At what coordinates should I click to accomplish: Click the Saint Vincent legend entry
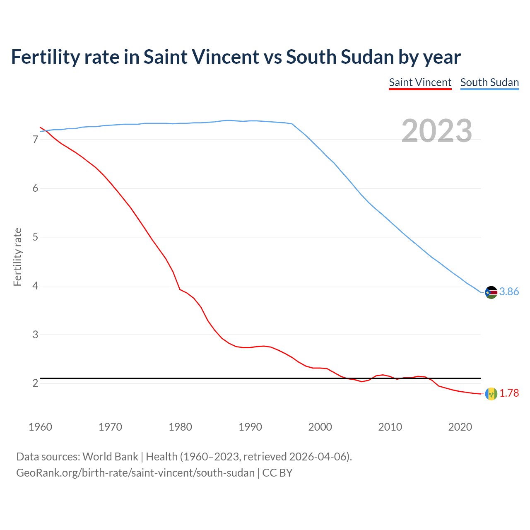(x=420, y=82)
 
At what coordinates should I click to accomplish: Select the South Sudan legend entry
(x=489, y=82)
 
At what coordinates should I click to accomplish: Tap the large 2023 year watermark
(x=436, y=131)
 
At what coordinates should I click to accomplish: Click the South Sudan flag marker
(x=491, y=292)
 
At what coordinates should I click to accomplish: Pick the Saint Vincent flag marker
(x=491, y=393)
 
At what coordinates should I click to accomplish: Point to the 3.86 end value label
(x=509, y=292)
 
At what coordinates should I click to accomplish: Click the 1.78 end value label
(x=509, y=393)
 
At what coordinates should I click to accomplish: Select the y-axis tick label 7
(x=35, y=140)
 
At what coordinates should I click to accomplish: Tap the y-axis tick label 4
(x=35, y=286)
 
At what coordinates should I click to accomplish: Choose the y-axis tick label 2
(x=35, y=383)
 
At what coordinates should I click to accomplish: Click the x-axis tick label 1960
(x=40, y=427)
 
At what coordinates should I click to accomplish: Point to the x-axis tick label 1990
(x=250, y=427)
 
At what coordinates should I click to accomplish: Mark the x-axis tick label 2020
(x=460, y=427)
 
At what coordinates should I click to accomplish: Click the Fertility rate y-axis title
(x=17, y=257)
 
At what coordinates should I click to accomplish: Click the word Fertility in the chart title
(x=45, y=57)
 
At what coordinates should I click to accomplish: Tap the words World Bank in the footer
(x=110, y=457)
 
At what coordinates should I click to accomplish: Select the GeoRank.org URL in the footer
(x=135, y=473)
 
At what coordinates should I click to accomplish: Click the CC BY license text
(x=277, y=473)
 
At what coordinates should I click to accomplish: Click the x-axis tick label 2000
(x=320, y=427)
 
